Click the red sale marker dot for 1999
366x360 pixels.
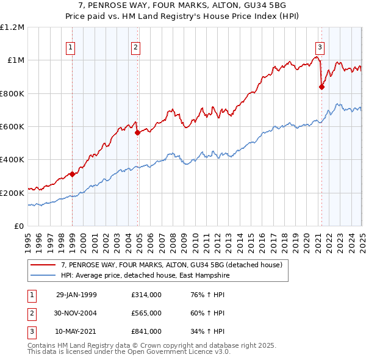73,174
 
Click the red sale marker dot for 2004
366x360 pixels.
138,132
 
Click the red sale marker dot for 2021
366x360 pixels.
321,87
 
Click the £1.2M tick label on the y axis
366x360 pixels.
12,27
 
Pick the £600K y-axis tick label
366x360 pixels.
12,127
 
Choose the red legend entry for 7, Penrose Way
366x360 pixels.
171,265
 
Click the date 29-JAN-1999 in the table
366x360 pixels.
76,295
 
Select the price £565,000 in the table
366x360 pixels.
146,314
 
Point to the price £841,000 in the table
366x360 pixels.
146,331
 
